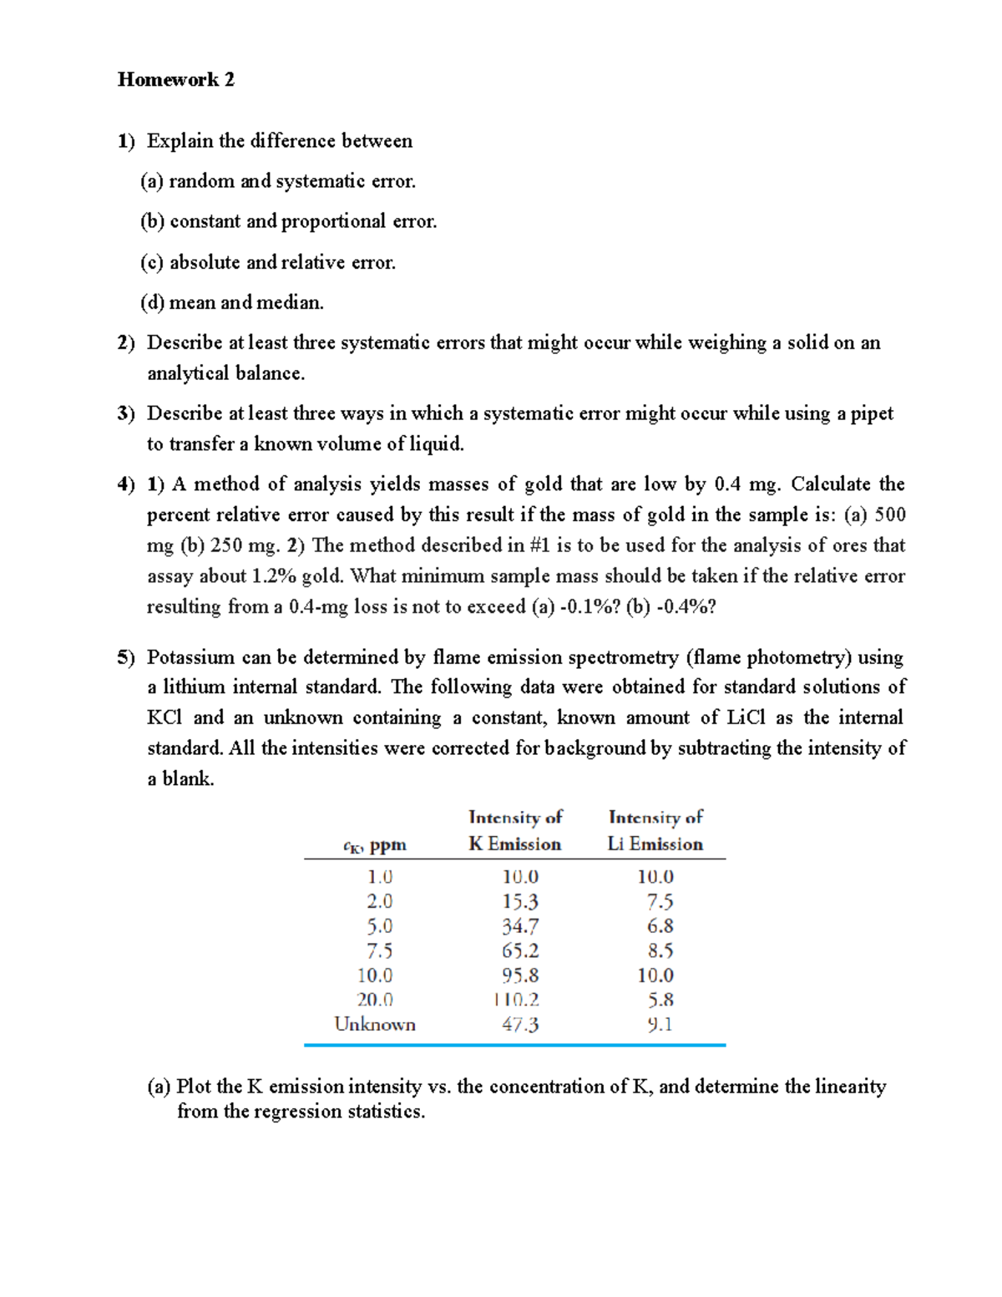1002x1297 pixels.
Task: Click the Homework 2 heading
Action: pyautogui.click(x=176, y=79)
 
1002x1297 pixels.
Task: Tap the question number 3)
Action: pyautogui.click(x=126, y=413)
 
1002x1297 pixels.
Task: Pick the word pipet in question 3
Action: pyautogui.click(x=872, y=413)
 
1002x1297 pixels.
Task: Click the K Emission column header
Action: pyautogui.click(x=515, y=844)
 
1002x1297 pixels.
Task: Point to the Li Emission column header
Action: pyautogui.click(x=655, y=844)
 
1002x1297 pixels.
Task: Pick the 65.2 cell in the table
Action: pyautogui.click(x=520, y=950)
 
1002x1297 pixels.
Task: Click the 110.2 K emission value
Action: pyautogui.click(x=516, y=1000)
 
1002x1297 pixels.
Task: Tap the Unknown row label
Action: pyautogui.click(x=375, y=1024)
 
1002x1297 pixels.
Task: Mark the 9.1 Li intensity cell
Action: pyautogui.click(x=660, y=1024)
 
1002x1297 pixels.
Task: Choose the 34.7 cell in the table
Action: pyautogui.click(x=520, y=926)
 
